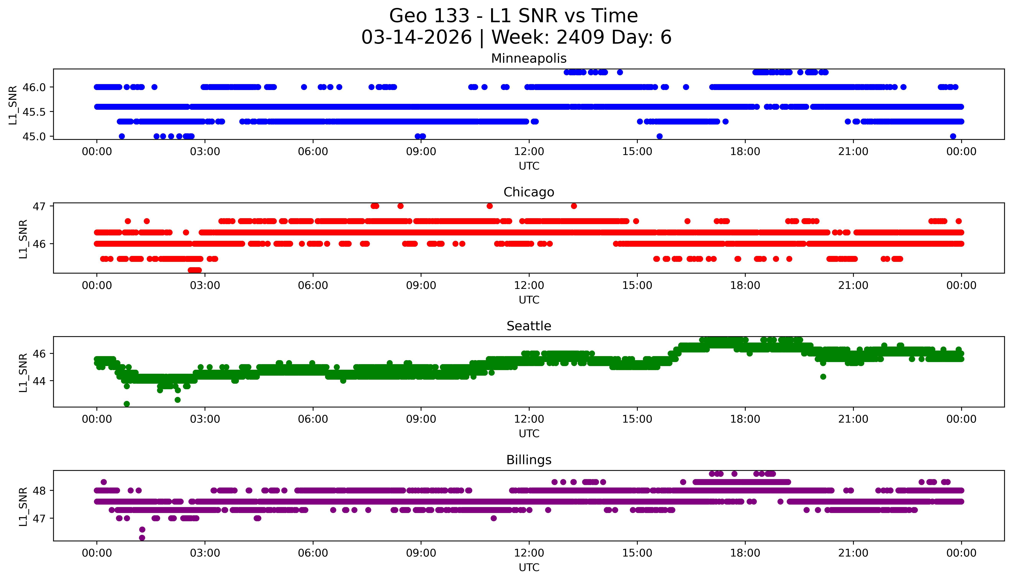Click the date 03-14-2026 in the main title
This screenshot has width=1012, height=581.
point(416,37)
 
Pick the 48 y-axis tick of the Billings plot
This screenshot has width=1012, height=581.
point(40,490)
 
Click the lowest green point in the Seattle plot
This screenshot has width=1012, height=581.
point(127,404)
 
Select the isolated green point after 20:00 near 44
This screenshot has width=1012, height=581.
point(823,377)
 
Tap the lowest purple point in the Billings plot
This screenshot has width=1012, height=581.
point(142,538)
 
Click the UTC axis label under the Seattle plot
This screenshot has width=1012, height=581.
point(529,433)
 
